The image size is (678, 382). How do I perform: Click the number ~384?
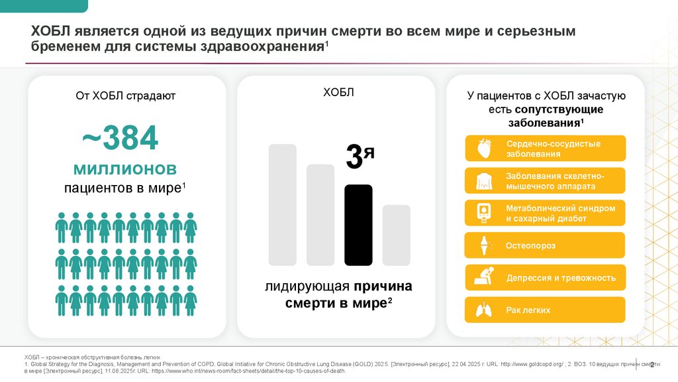click(x=120, y=138)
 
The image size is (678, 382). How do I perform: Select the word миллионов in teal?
click(x=124, y=166)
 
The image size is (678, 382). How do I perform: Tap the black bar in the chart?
click(x=358, y=225)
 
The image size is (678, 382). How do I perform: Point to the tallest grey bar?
click(x=283, y=204)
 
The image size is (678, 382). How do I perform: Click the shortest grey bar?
click(x=396, y=235)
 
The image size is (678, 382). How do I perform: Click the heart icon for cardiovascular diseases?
click(x=482, y=149)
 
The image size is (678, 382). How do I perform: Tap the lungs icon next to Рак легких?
click(x=482, y=310)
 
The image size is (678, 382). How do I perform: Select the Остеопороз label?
click(x=530, y=245)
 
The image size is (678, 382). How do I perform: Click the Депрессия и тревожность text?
click(x=561, y=278)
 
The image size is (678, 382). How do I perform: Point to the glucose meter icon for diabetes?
click(x=482, y=213)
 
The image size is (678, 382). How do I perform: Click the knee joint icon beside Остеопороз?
click(x=482, y=245)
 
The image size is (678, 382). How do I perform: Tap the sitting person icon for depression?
click(x=482, y=278)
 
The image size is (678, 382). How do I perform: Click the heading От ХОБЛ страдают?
click(x=125, y=96)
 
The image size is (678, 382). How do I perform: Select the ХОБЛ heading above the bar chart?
click(x=338, y=92)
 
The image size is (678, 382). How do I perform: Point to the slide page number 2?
click(x=653, y=364)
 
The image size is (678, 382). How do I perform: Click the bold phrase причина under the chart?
click(x=382, y=286)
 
